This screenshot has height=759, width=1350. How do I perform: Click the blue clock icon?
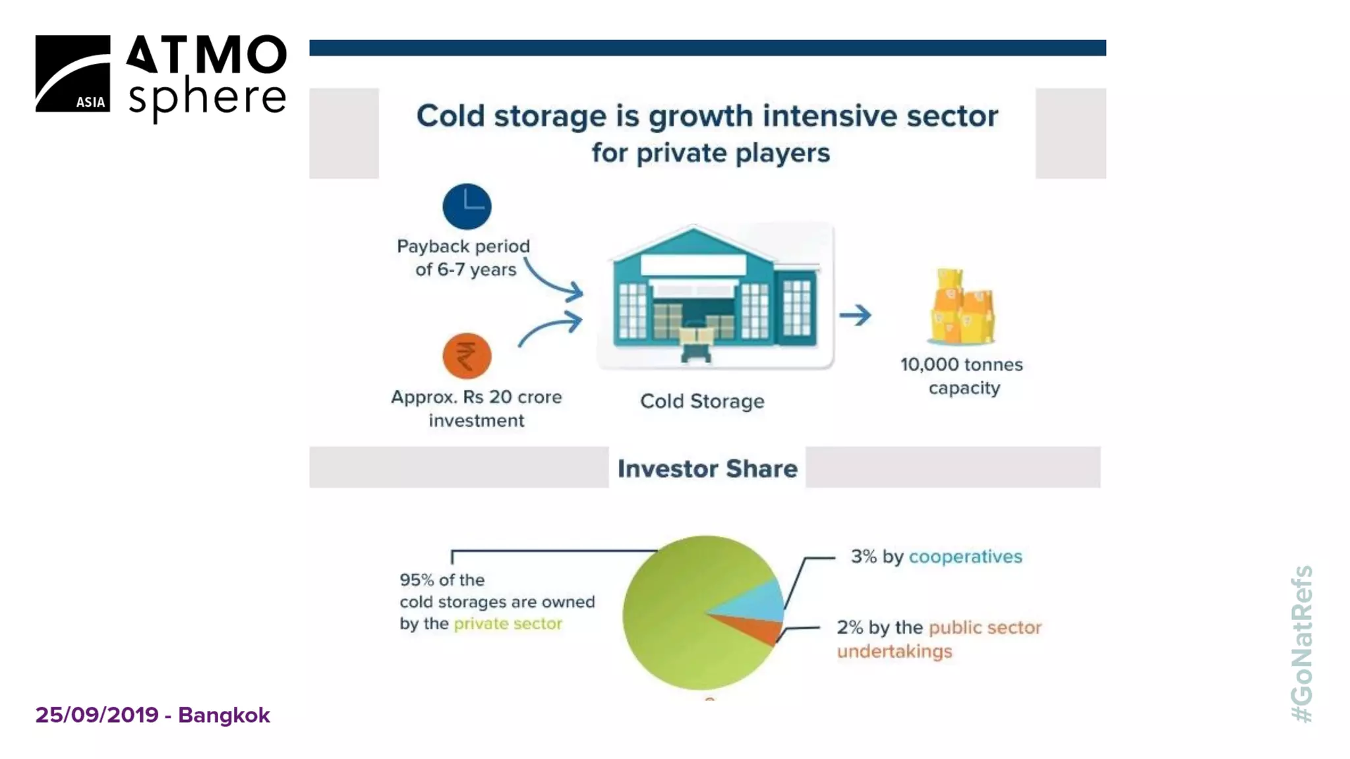(x=467, y=206)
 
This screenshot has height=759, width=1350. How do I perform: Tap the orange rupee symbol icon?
(x=467, y=356)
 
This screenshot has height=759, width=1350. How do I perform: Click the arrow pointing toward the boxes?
(x=856, y=315)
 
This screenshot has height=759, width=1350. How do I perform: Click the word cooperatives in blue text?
(x=965, y=557)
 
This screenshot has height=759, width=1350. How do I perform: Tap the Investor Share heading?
(x=707, y=468)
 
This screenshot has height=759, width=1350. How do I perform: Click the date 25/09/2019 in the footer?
(x=97, y=715)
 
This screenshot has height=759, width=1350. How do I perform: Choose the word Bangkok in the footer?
(x=224, y=715)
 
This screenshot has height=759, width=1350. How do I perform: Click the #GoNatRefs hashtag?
(x=1302, y=644)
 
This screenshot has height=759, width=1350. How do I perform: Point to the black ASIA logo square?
(x=73, y=74)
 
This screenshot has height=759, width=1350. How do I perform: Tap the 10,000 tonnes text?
(x=961, y=365)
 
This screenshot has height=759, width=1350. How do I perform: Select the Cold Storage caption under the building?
(x=702, y=401)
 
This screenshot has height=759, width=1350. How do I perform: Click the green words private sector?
(x=508, y=623)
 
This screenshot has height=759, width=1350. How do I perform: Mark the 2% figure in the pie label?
(x=850, y=627)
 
